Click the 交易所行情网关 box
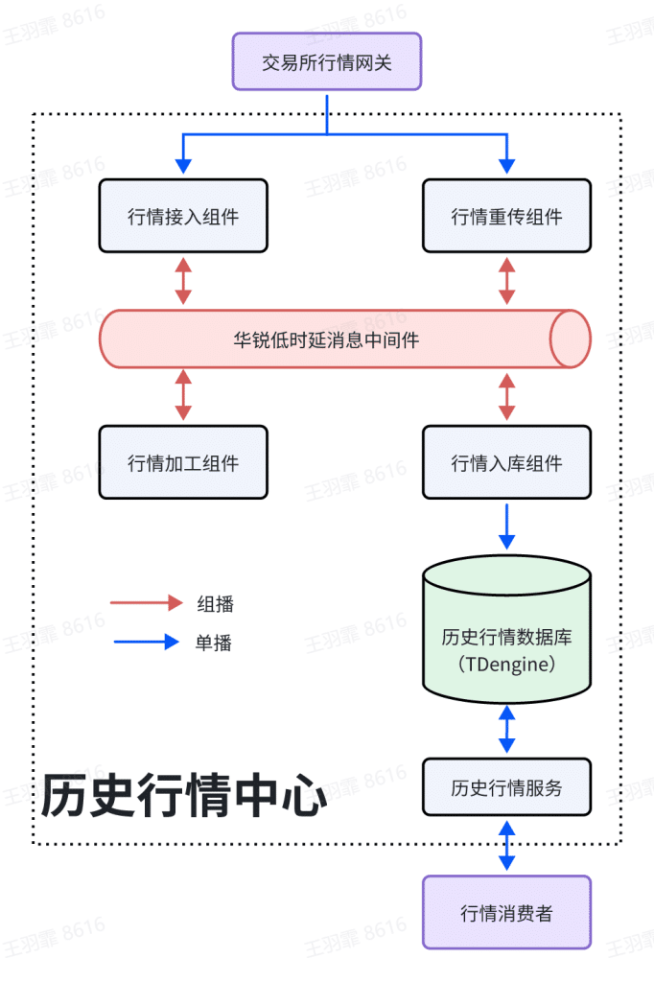(x=327, y=62)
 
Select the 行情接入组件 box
(x=183, y=217)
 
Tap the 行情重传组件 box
(x=507, y=217)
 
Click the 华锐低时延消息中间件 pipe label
(x=327, y=339)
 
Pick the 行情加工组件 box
(x=183, y=463)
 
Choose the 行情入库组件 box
(x=507, y=463)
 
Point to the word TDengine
(x=507, y=664)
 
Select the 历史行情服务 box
(x=507, y=788)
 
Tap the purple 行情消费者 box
(x=507, y=913)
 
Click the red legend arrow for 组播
(x=147, y=603)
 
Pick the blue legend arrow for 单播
(x=147, y=643)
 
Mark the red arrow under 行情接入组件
(x=183, y=281)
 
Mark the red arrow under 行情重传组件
(x=507, y=281)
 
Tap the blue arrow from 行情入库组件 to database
(x=507, y=525)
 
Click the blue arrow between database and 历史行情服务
(x=507, y=729)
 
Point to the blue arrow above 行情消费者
(x=507, y=845)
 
